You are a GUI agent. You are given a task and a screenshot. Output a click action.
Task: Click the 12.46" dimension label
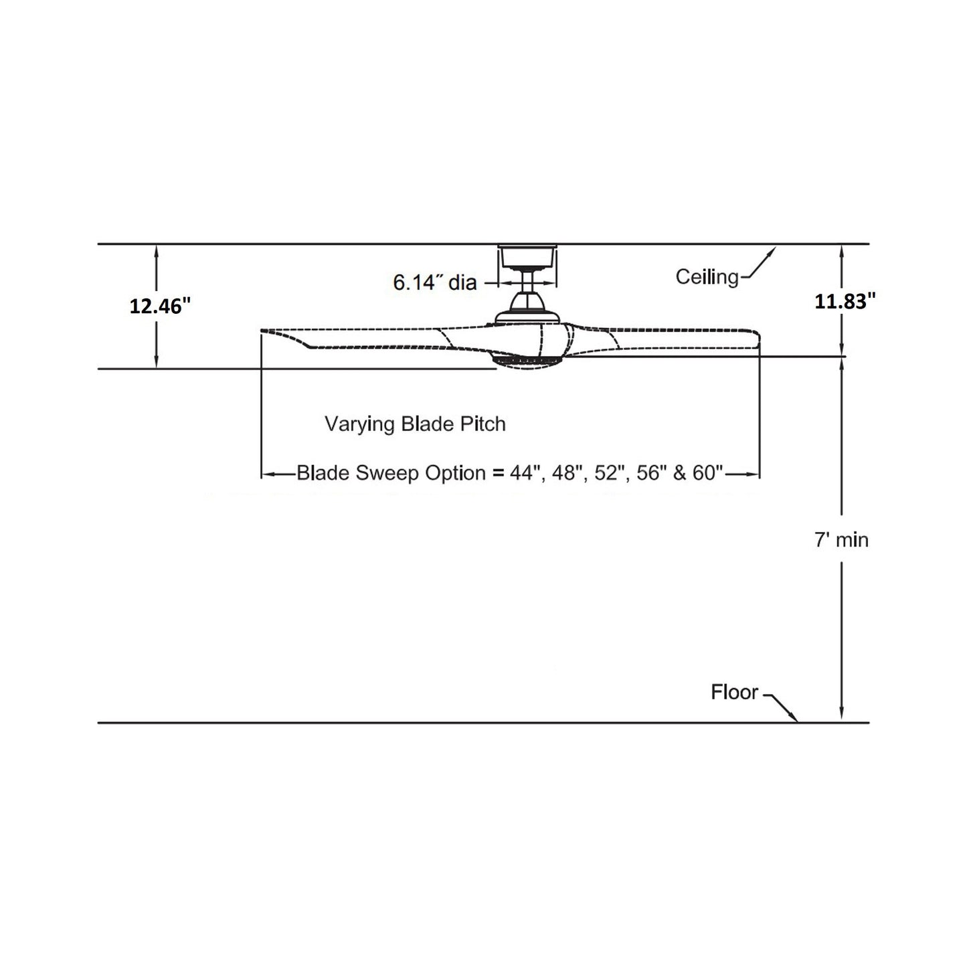click(160, 306)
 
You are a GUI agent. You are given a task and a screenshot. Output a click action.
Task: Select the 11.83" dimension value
click(845, 302)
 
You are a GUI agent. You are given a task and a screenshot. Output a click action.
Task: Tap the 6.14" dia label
click(434, 283)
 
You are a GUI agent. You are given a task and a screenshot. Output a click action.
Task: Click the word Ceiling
click(707, 276)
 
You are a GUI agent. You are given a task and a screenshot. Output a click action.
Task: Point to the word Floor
click(734, 692)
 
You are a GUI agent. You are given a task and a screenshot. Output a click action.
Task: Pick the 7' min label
click(841, 540)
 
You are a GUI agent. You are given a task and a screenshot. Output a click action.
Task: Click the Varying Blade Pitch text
click(415, 424)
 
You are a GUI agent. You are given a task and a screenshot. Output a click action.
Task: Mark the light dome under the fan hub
click(527, 362)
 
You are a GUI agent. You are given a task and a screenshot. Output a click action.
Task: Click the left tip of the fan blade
click(264, 331)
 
